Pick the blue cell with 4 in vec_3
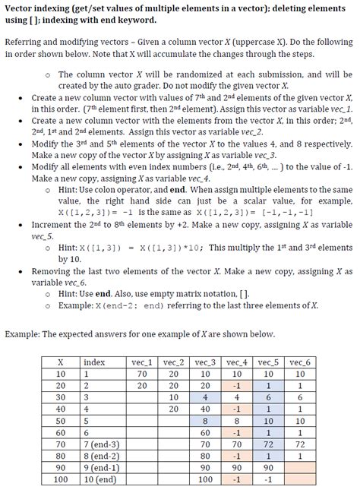pos(205,397)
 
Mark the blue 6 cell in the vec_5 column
pos(269,397)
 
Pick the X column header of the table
pos(60,362)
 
